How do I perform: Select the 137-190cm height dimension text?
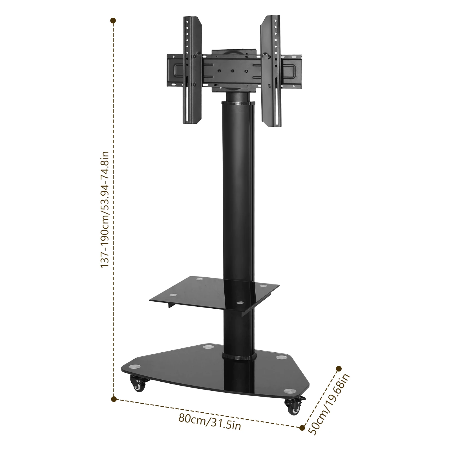tap(105, 209)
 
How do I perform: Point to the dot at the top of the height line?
tap(113, 21)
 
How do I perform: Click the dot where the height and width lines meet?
tap(114, 399)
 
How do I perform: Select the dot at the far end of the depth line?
tap(339, 368)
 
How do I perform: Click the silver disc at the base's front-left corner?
tap(134, 367)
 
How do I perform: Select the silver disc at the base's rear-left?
tap(208, 347)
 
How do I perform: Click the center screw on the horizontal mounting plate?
tap(233, 72)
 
